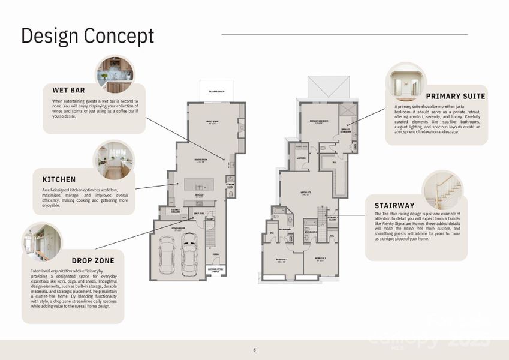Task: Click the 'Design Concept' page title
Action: [88, 35]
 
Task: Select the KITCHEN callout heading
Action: [59, 179]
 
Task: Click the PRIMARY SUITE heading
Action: [456, 96]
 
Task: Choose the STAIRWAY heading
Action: [394, 206]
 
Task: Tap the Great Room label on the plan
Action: [212, 122]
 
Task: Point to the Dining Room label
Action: [200, 160]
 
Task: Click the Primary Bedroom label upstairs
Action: [317, 122]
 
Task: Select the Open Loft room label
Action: [306, 193]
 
